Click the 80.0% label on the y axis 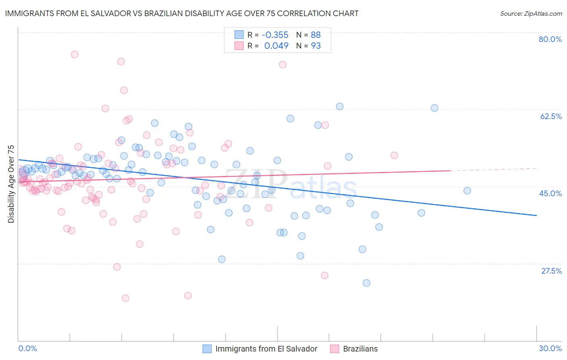550,39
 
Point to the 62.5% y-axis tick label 551,116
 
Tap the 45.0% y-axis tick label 550,193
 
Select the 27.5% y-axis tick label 551,271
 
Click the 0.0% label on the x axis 27,348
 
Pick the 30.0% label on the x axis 550,348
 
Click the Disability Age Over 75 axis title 11,184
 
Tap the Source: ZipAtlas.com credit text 531,14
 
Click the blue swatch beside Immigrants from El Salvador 207,349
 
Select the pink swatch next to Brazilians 334,349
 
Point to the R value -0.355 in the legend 275,35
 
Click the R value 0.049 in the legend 276,46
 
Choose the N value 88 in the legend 316,35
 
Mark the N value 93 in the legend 316,46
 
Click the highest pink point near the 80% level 74,54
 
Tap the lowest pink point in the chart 125,298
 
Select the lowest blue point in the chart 366,283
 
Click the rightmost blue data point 467,191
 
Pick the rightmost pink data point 394,155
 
